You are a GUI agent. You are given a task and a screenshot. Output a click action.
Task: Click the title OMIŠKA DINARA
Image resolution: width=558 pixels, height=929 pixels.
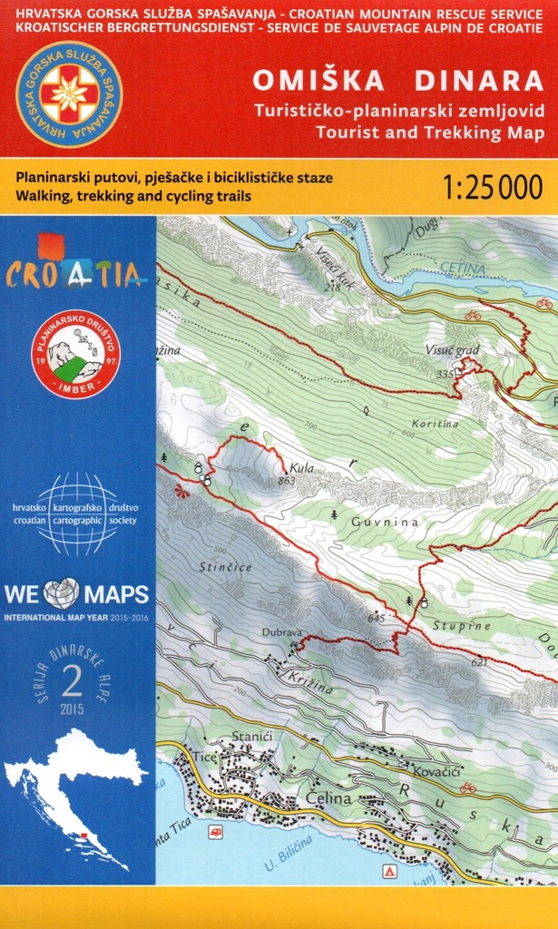tap(397, 81)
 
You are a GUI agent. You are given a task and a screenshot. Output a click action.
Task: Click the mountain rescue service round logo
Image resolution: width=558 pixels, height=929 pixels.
tap(68, 95)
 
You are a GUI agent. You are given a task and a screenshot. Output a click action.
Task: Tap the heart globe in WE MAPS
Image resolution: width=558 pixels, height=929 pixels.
tap(61, 595)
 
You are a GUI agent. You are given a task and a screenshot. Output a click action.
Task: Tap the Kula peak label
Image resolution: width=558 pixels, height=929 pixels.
tap(289, 468)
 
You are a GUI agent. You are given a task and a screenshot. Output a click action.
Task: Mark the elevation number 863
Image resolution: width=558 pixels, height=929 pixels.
tap(288, 481)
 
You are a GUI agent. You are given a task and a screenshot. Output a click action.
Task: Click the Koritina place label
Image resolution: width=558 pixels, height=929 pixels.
tap(434, 424)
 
